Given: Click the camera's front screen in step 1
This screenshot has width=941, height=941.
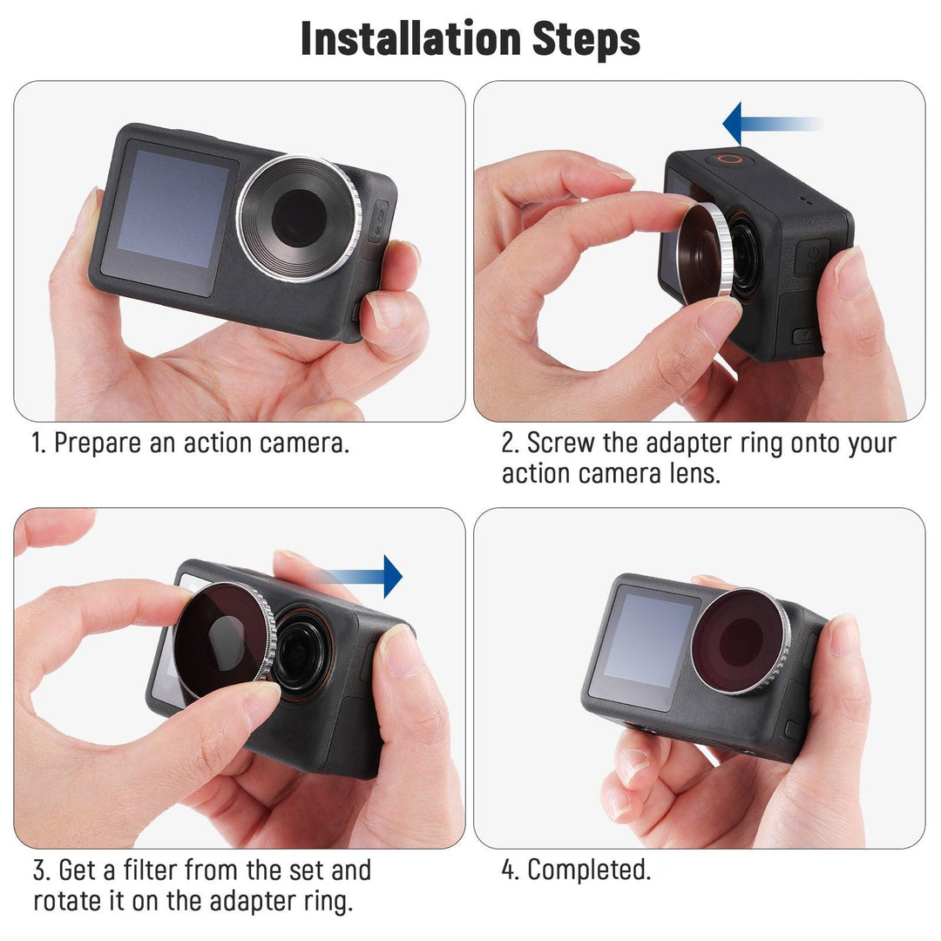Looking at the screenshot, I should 169,213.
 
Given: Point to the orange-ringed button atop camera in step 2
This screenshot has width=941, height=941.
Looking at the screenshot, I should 729,159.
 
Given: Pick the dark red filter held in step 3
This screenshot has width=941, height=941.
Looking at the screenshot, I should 222,641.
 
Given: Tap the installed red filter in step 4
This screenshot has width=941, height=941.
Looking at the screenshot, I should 740,640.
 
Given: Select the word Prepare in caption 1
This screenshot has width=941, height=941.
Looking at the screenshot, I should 97,443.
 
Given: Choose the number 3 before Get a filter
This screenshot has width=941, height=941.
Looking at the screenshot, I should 40,870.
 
